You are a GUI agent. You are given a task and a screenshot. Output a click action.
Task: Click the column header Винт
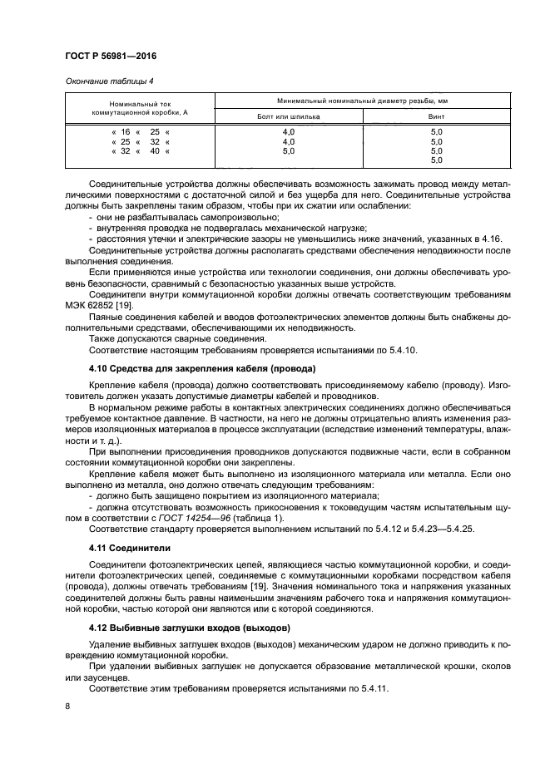[x=437, y=117]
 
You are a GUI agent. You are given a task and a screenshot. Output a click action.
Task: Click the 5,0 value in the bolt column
[x=289, y=151]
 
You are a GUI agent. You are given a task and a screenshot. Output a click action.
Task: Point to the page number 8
[x=67, y=706]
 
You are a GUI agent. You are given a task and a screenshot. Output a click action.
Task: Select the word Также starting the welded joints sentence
[x=103, y=338]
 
